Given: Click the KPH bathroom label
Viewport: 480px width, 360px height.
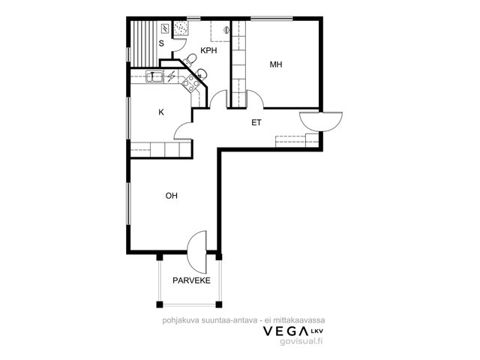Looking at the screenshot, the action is point(208,50).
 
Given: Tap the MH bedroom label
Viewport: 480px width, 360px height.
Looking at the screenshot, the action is point(276,64).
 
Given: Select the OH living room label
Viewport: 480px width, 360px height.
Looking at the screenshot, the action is point(172,196).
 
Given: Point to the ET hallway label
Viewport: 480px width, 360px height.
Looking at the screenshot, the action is point(256,123).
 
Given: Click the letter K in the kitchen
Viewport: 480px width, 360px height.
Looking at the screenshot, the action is point(161,112).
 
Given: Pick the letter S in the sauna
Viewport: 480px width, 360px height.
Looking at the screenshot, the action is point(161,43).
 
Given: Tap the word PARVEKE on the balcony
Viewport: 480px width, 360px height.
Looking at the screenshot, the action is point(192,280).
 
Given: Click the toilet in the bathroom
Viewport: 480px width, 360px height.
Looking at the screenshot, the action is point(190,59).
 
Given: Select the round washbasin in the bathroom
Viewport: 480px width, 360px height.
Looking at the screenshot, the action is point(201,73).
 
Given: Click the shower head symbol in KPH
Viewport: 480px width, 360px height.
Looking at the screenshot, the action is point(226,29).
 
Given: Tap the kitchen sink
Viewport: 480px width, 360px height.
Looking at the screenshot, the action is point(154,76).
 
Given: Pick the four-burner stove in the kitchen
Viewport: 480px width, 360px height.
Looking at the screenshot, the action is point(190,83).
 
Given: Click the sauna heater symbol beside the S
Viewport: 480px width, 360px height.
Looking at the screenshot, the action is point(165,28).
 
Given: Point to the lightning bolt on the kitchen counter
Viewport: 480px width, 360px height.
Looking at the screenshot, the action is point(171,76).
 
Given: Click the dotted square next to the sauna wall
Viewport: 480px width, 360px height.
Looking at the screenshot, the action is point(180,28).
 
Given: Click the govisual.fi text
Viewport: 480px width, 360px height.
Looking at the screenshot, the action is point(301,342).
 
